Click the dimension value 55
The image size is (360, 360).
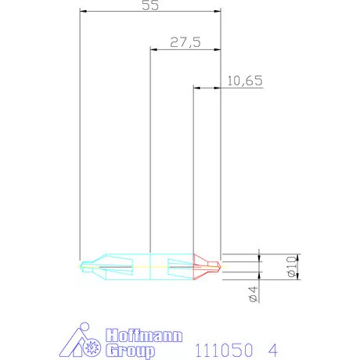point(149,5)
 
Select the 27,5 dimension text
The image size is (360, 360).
point(185,43)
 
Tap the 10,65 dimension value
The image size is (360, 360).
point(244,81)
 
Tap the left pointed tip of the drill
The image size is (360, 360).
point(82,265)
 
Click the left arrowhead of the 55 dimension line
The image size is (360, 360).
point(84,12)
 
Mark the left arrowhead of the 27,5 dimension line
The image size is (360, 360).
point(153,49)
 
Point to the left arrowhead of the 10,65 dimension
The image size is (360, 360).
point(196,87)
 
